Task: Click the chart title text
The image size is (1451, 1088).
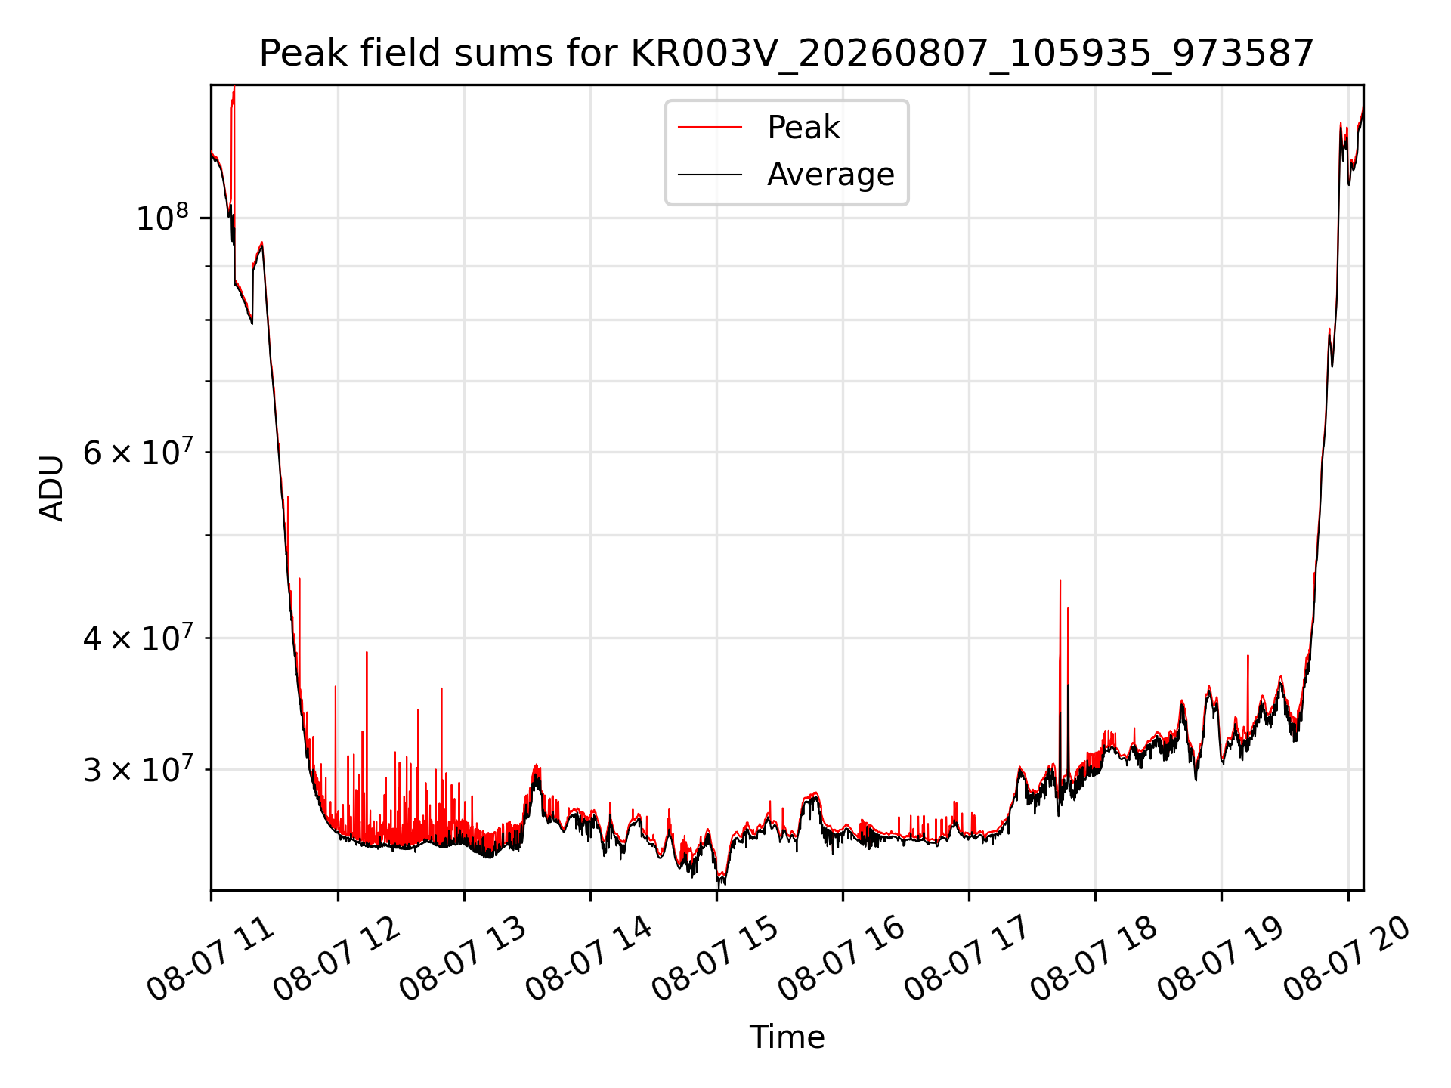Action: [x=787, y=54]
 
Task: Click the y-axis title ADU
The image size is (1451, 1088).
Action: [x=51, y=487]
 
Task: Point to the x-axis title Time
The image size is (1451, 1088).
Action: [x=787, y=1037]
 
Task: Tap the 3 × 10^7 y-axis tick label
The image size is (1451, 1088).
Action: [x=136, y=769]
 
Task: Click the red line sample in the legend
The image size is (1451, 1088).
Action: [x=710, y=128]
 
